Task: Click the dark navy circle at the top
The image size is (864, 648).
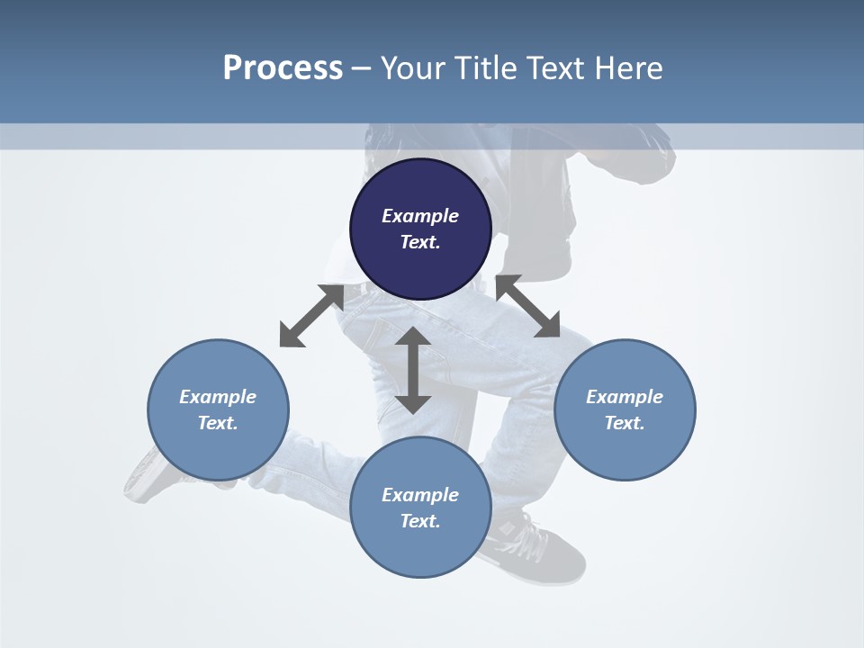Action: (x=420, y=229)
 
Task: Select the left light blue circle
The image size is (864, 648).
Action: (x=218, y=410)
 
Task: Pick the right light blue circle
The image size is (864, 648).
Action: (x=625, y=410)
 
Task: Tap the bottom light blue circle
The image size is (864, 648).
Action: (x=420, y=508)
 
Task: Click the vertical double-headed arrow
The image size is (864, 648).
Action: (x=413, y=370)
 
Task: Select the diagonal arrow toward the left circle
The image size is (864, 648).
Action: (x=312, y=316)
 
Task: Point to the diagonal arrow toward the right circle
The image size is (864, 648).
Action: (x=528, y=306)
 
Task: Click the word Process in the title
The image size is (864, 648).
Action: (x=283, y=67)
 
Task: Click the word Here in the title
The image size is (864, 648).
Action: (x=628, y=67)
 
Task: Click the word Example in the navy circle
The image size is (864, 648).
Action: (x=420, y=216)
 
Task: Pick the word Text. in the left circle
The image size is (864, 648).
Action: (x=218, y=423)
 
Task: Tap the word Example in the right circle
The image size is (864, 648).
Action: (x=625, y=397)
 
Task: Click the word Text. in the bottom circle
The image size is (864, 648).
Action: (x=420, y=521)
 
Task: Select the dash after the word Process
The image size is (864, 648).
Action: (x=362, y=69)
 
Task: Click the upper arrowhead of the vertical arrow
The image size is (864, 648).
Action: (x=413, y=336)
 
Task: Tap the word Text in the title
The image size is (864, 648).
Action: (x=555, y=67)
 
